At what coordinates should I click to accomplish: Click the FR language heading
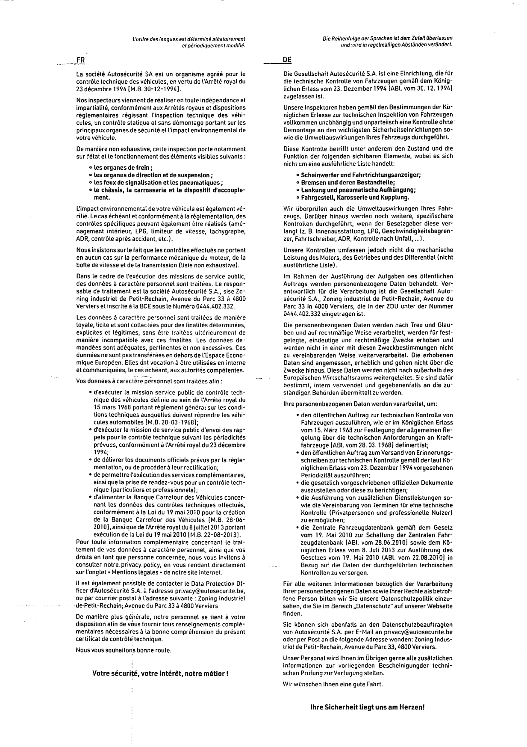[x=80, y=60]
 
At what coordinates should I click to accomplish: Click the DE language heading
[x=287, y=60]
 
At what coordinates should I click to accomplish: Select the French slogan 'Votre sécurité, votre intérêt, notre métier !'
[x=160, y=673]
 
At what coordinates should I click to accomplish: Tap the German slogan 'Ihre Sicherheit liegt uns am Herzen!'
[x=368, y=707]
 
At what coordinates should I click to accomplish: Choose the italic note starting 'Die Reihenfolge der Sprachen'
[x=388, y=41]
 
